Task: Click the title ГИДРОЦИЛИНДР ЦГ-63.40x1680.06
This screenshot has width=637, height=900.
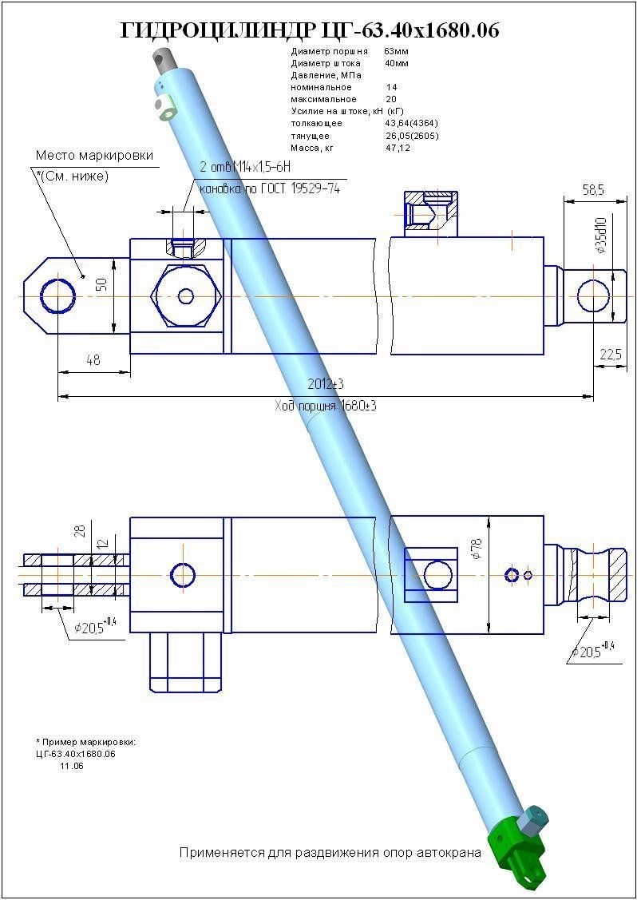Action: pyautogui.click(x=310, y=30)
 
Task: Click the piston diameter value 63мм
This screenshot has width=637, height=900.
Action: pyautogui.click(x=395, y=51)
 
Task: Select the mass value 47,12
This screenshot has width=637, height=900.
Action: pyautogui.click(x=397, y=148)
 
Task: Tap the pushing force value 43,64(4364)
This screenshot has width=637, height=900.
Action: pyautogui.click(x=411, y=124)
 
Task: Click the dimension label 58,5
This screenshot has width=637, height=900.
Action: pyautogui.click(x=592, y=191)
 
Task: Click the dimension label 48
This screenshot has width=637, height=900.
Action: pyautogui.click(x=93, y=360)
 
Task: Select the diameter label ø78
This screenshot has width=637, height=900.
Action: pyautogui.click(x=477, y=549)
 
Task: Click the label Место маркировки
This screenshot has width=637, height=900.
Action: pyautogui.click(x=94, y=156)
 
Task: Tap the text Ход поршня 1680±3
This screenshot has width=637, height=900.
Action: pyautogui.click(x=325, y=406)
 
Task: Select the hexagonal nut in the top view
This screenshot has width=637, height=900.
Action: pyautogui.click(x=186, y=296)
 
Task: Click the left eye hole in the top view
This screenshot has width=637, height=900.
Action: pyautogui.click(x=58, y=296)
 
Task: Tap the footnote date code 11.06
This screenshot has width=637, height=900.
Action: pyautogui.click(x=72, y=766)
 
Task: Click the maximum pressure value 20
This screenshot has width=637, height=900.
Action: pyautogui.click(x=390, y=99)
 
